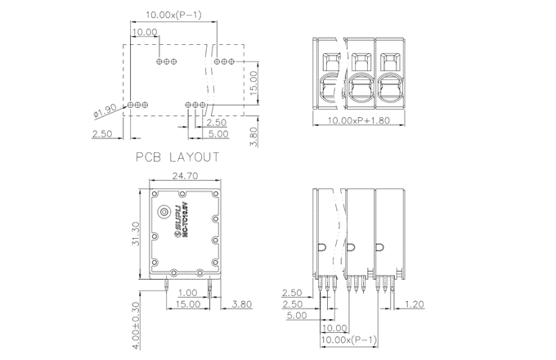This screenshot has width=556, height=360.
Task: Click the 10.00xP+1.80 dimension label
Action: pos(361,120)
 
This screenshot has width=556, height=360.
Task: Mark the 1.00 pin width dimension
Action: pos(188,293)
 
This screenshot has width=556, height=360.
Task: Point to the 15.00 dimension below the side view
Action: pos(187,304)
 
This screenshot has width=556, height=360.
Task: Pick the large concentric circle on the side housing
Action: pos(164,212)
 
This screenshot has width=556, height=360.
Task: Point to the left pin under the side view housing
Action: pos(166,286)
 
